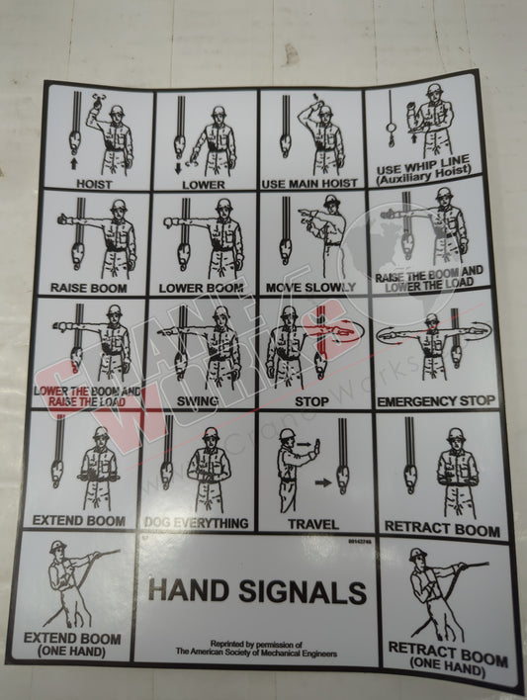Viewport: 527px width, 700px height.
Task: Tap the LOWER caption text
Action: tap(204, 184)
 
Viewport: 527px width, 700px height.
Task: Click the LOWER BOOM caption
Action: tap(202, 288)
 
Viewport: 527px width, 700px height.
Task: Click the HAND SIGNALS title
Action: tap(256, 592)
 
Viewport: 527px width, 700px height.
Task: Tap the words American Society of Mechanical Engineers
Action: tap(256, 653)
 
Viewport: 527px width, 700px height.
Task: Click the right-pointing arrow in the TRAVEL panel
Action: tap(323, 484)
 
